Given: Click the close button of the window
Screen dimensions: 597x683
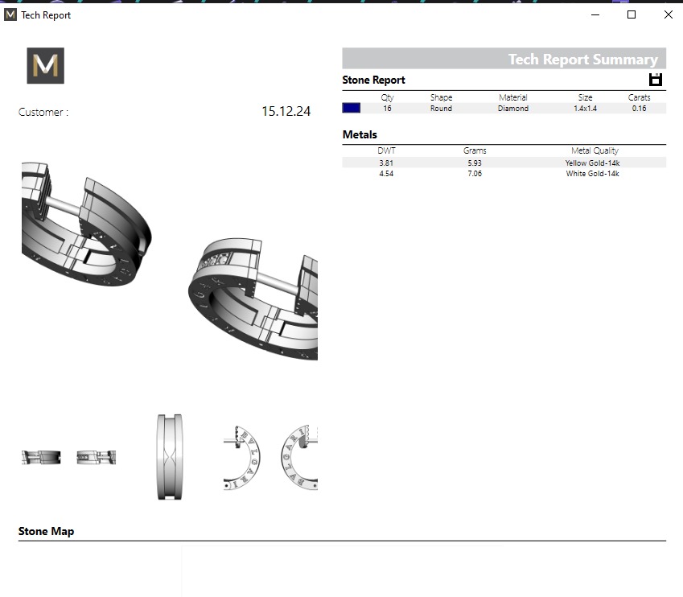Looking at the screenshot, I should click(x=668, y=14).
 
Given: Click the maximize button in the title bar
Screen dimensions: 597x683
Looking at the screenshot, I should click(x=632, y=14).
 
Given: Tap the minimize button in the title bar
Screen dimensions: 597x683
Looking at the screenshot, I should click(x=595, y=14).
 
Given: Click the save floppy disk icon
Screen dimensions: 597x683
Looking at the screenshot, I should click(x=656, y=79).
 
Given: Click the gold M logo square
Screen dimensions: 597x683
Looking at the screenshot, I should click(x=45, y=66).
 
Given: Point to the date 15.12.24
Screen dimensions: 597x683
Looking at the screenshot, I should click(x=286, y=112).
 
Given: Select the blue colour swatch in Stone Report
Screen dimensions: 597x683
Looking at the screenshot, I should click(x=352, y=108).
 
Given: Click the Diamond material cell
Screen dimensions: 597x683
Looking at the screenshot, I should click(x=513, y=108).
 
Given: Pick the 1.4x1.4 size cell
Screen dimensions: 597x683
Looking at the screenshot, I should click(x=585, y=108).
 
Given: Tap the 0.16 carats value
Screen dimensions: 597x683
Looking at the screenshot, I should click(x=639, y=108).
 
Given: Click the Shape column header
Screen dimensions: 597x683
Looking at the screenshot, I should click(x=441, y=97).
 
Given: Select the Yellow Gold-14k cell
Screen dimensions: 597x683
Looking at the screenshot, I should click(x=592, y=163).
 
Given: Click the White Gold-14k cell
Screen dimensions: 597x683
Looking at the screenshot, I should click(x=592, y=174).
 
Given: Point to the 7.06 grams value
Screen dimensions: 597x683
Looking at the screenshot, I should click(x=475, y=174).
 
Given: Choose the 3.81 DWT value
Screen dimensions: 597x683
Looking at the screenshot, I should click(x=386, y=163).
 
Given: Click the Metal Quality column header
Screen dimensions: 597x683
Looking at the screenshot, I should click(x=595, y=150).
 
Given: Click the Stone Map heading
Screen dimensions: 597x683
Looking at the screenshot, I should click(x=46, y=531).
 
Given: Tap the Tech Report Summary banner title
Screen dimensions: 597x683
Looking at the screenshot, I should click(x=582, y=60).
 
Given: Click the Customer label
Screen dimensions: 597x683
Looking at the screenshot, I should click(x=43, y=113).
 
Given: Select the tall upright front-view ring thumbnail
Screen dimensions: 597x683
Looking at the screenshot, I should click(x=170, y=457).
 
